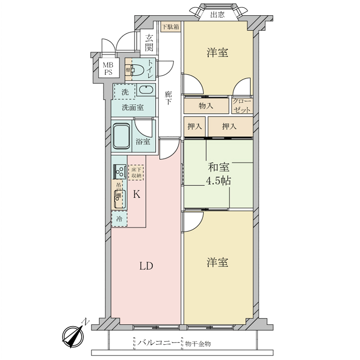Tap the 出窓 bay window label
[x=217, y=15]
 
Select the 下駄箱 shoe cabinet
[x=171, y=27]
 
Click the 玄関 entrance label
[x=149, y=44]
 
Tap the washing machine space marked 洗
[x=124, y=91]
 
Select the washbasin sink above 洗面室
[x=146, y=90]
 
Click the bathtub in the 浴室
[x=121, y=135]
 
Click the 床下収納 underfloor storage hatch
[x=136, y=172]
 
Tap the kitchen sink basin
[x=119, y=197]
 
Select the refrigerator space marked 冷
[x=119, y=219]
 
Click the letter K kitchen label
[x=137, y=195]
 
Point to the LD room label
[x=146, y=265]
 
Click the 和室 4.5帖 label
[x=219, y=174]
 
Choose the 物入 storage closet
[x=206, y=105]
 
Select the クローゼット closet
[x=243, y=105]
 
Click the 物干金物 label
[x=198, y=343]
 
